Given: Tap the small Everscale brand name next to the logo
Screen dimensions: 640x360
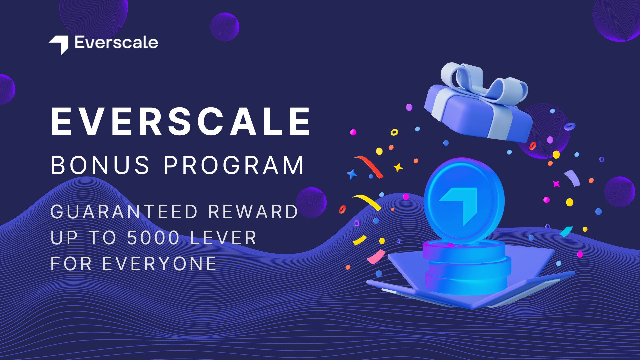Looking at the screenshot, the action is pos(116,43).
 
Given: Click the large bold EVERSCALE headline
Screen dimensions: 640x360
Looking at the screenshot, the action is pos(181,122).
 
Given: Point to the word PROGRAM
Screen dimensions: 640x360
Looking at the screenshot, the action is pos(234,165).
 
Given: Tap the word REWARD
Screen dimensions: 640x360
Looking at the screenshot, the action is pos(253,212).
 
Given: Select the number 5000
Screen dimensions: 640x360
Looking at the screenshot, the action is pos(153,238).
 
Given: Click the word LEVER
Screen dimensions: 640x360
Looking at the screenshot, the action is pos(223,238).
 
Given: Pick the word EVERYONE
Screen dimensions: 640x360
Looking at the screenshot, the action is pos(160,264).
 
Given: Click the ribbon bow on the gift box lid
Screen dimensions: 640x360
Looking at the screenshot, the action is pos(483,82).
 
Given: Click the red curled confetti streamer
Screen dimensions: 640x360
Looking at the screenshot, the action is pos(369,166).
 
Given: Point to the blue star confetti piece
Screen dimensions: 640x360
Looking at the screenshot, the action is pos(352,174).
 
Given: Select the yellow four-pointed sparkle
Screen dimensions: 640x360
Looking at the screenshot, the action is pos(398,167).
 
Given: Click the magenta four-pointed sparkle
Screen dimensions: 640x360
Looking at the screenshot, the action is pos(556,184).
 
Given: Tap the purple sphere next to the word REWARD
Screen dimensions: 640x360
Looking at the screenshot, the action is pos(311,202).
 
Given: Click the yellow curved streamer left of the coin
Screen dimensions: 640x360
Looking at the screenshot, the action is pos(367,202).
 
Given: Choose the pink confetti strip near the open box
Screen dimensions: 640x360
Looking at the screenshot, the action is pos(376,257).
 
